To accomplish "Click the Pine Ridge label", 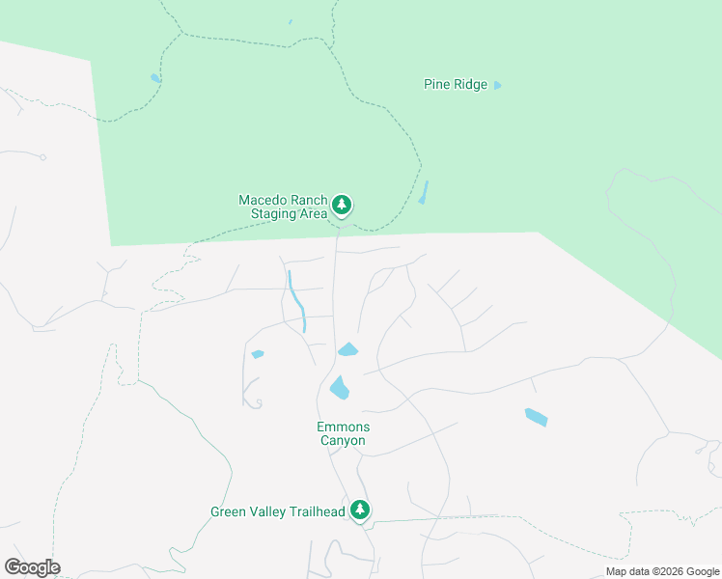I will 456,85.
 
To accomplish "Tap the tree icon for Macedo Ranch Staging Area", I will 341,205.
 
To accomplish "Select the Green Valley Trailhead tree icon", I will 360,510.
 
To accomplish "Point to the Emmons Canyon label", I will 343,433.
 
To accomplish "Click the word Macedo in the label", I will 264,200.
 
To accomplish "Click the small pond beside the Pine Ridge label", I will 498,85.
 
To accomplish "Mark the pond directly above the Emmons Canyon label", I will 339,388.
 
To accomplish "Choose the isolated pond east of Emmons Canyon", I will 536,417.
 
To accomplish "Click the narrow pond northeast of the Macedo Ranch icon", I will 423,192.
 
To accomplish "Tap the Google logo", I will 32,567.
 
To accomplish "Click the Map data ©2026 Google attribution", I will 663,571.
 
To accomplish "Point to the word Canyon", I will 343,441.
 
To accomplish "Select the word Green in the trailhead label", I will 229,511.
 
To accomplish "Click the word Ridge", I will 471,85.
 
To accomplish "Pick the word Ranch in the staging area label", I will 309,200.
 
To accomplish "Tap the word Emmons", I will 343,427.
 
